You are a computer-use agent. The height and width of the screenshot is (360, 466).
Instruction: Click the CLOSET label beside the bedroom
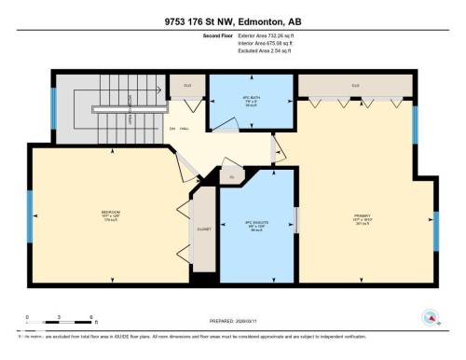pyautogui.click(x=204, y=228)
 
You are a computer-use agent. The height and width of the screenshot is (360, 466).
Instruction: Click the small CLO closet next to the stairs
pyautogui.click(x=186, y=85)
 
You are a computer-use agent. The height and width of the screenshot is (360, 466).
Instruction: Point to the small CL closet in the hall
pyautogui.click(x=231, y=175)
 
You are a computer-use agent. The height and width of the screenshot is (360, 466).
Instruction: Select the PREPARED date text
pyautogui.click(x=232, y=314)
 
